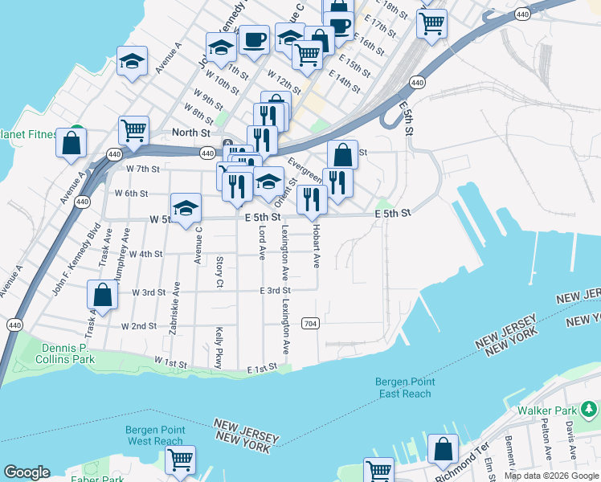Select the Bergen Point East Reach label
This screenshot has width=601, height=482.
coord(403,387)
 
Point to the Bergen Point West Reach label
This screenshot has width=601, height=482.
coord(154,435)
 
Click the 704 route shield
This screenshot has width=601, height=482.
coord(310,323)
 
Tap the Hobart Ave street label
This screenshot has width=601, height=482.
coord(317,247)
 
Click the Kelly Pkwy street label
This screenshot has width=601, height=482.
coord(218,347)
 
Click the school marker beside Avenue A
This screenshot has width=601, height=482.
coord(132,61)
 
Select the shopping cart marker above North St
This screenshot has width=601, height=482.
coord(133,129)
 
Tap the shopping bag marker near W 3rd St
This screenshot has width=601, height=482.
coord(103,294)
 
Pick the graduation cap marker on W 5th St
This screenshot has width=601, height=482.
coord(186,208)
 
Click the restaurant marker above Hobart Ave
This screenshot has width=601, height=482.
coord(312,198)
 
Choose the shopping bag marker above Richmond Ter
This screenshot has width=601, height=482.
coord(443,448)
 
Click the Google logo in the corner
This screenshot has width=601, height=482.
coord(27,472)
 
